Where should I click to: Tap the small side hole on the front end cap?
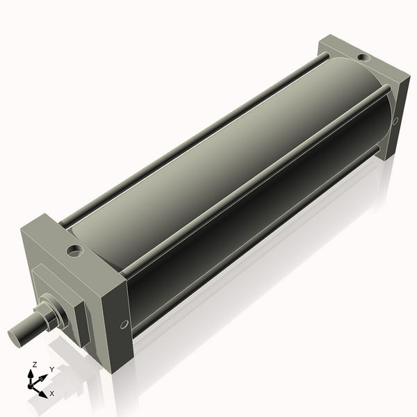click(x=124, y=324)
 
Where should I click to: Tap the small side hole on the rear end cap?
click(x=395, y=122)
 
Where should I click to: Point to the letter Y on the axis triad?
click(x=51, y=370)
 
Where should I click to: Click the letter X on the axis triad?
click(x=52, y=393)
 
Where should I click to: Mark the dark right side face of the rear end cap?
click(x=392, y=118)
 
